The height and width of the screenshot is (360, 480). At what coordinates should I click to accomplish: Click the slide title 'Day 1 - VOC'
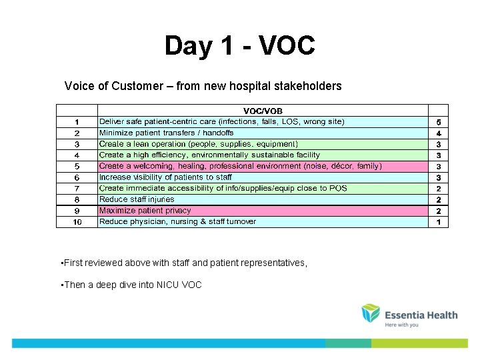[239, 46]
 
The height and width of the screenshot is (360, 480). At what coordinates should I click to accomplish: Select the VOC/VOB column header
[262, 111]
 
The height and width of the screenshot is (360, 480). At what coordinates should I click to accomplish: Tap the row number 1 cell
[77, 122]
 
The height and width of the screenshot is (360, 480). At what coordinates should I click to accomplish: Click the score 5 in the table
[438, 123]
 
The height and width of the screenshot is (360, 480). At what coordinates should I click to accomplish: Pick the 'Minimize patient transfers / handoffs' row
[167, 133]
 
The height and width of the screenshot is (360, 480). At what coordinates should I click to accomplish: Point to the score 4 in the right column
[438, 133]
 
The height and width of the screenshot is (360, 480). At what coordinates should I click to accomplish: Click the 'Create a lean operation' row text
[198, 144]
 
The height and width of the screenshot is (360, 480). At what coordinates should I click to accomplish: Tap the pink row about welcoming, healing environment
[240, 166]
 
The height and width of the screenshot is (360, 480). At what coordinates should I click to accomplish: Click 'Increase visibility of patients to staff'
[165, 177]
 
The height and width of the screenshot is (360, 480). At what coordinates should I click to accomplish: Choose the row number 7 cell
[77, 189]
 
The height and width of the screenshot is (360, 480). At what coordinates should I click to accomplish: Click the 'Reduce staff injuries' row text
[137, 199]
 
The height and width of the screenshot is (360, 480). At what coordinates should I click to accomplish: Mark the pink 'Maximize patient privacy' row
[145, 211]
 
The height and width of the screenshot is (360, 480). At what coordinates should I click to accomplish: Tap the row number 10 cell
[77, 222]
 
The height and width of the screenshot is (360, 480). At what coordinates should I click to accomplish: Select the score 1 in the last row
[438, 222]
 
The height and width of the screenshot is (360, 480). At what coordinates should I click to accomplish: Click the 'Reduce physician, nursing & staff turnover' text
[177, 221]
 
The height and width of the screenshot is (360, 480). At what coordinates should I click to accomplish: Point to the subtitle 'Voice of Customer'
[203, 86]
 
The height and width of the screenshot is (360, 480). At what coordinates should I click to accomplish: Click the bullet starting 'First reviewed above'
[185, 263]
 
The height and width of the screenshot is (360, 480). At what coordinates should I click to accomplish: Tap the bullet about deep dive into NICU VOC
[131, 285]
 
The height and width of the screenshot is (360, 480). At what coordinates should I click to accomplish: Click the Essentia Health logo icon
[371, 313]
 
